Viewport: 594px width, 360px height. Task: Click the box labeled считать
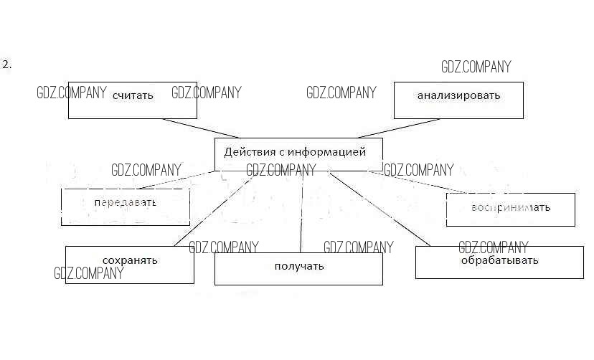(133, 100)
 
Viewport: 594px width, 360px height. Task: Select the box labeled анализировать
(458, 100)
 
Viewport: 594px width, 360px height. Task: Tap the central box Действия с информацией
(298, 153)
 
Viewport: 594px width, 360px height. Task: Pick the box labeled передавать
(125, 207)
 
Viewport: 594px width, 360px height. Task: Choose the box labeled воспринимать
(510, 209)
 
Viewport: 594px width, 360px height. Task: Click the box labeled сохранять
(129, 265)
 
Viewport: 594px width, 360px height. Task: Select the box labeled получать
(298, 269)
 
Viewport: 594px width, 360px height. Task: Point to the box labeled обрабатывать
(499, 262)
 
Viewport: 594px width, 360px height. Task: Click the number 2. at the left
(7, 65)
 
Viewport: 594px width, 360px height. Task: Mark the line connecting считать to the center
(200, 128)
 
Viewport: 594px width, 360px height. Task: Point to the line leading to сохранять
(208, 212)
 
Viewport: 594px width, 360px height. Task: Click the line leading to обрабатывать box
(380, 209)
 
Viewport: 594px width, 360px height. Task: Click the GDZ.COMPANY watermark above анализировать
(476, 67)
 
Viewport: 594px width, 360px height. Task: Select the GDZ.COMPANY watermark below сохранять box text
(89, 273)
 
